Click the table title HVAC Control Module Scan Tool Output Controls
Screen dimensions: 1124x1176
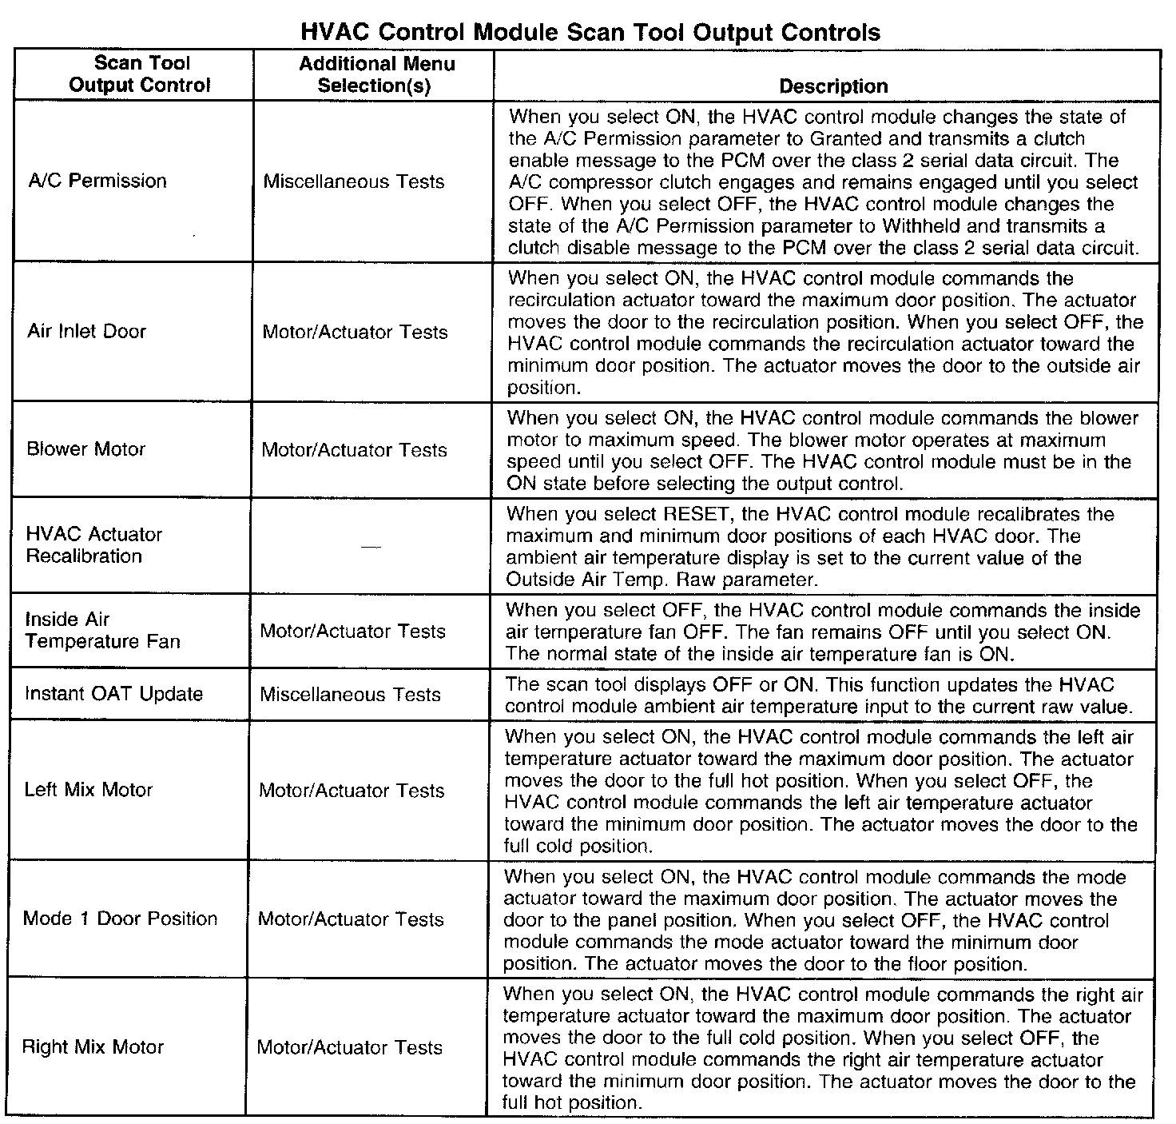(590, 32)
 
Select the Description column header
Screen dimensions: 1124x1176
(832, 86)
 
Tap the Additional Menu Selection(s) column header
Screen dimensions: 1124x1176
(376, 74)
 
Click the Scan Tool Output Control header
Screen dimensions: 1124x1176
(140, 74)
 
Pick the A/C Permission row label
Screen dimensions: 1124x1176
(97, 181)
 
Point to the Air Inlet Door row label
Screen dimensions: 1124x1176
(86, 331)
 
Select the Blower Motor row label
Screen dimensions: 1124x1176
(86, 448)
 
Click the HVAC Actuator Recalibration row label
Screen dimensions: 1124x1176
(93, 545)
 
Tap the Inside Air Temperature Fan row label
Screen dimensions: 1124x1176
(102, 630)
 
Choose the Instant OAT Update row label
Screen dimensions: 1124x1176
(113, 693)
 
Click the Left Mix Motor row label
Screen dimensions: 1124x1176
(88, 790)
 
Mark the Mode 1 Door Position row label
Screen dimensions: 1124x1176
(120, 919)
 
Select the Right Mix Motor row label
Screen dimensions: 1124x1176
(93, 1047)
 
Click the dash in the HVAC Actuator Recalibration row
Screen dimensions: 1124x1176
(368, 546)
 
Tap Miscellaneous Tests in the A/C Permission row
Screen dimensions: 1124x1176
(353, 181)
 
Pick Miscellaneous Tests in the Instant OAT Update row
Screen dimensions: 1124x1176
(350, 694)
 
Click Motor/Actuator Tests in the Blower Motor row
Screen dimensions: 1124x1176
(354, 450)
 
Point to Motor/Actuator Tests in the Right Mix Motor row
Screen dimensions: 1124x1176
(349, 1047)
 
